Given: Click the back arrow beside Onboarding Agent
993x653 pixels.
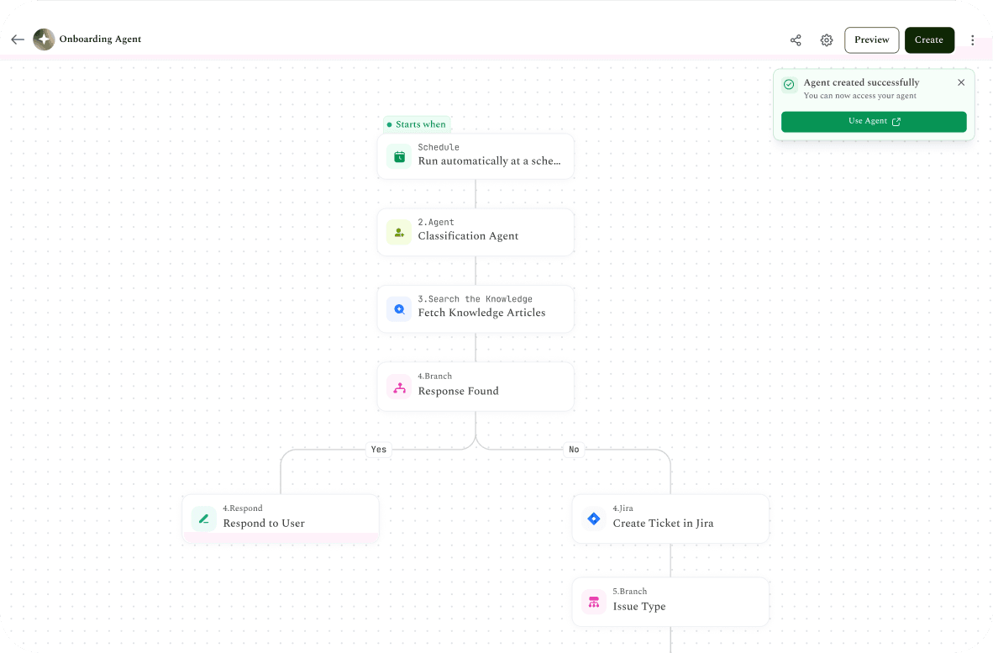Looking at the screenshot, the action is pyautogui.click(x=18, y=39).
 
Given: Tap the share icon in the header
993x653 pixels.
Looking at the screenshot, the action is pyautogui.click(x=796, y=39).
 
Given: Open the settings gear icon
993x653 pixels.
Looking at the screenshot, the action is pyautogui.click(x=827, y=39).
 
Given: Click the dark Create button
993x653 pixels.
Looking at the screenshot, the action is pyautogui.click(x=929, y=39).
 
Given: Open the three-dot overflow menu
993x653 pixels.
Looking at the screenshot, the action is pyautogui.click(x=973, y=39).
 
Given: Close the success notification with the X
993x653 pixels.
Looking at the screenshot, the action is pyautogui.click(x=961, y=82).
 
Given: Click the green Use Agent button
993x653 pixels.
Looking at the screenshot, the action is pyautogui.click(x=874, y=122).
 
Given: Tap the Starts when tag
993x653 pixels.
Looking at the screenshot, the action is pyautogui.click(x=417, y=124).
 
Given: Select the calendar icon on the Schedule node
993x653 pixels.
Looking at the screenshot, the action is pyautogui.click(x=400, y=156).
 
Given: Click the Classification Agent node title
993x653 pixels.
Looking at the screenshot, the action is pyautogui.click(x=468, y=235).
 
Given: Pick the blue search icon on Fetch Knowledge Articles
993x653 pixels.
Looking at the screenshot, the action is pyautogui.click(x=400, y=309).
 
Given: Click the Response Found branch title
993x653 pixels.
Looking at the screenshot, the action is pyautogui.click(x=459, y=391).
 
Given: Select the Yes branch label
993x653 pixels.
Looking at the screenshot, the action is pyautogui.click(x=379, y=449).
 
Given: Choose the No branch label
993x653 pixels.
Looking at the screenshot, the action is pyautogui.click(x=574, y=449).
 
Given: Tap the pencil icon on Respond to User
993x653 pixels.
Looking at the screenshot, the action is pyautogui.click(x=204, y=519).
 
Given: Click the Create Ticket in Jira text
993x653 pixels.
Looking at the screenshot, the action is pyautogui.click(x=663, y=524).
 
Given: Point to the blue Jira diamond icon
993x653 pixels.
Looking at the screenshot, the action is pyautogui.click(x=594, y=519).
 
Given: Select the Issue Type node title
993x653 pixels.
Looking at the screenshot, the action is pyautogui.click(x=639, y=606).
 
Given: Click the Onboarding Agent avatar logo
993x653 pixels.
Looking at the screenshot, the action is pyautogui.click(x=44, y=39).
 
